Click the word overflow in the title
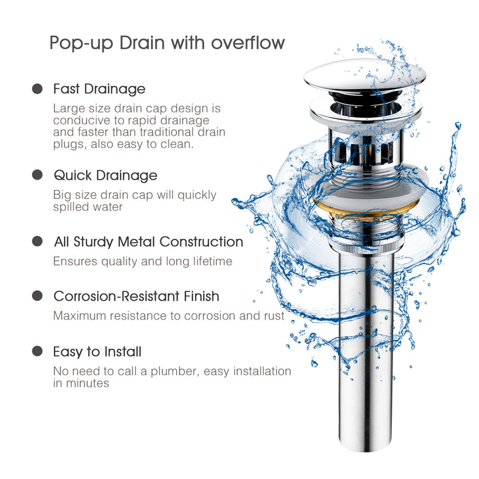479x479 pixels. pos(248,43)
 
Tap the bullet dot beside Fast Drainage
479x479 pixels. pos(37,88)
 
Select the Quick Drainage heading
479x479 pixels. pos(105,176)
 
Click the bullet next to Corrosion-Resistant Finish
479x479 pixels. pos(37,296)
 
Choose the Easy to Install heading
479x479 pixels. pos(97,352)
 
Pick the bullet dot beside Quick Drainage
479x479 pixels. pos(37,176)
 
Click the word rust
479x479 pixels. pos(273,316)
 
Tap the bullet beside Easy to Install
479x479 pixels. pos(37,352)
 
